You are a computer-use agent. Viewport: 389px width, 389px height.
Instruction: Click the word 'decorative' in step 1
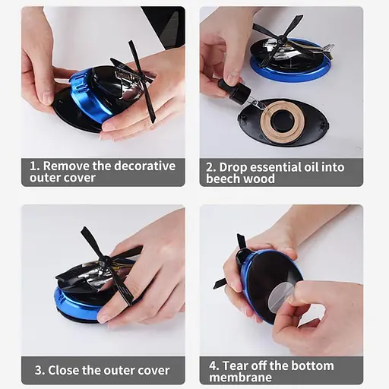[x=145, y=166]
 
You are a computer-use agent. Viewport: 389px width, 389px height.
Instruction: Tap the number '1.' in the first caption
[x=35, y=166]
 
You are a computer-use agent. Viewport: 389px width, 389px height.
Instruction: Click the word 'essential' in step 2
[x=276, y=167]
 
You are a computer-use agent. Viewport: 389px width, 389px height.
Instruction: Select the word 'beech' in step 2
[x=220, y=179]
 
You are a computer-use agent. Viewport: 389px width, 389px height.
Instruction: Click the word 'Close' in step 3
[x=63, y=370]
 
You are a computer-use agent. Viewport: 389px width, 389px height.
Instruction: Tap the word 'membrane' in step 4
[x=240, y=378]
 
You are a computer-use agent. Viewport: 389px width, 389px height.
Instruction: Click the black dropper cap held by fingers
[x=235, y=90]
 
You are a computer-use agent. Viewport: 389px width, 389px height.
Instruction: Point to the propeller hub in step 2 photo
[x=281, y=39]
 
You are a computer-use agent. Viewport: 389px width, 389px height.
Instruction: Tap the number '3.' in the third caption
[x=40, y=370]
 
